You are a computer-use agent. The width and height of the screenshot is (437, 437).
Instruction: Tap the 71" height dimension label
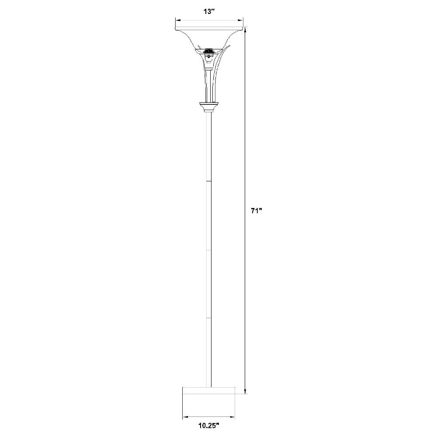(256, 211)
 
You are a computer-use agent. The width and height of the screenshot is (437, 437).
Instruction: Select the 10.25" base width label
(208, 424)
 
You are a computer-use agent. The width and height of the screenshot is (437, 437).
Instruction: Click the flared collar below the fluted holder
(209, 106)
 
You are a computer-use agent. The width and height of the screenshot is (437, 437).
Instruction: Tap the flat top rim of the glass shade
(209, 30)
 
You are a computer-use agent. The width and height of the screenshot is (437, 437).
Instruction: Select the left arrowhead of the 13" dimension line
(177, 20)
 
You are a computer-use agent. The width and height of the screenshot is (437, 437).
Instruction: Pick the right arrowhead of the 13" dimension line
(241, 20)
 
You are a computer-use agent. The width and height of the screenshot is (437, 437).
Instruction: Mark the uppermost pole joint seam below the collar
(209, 181)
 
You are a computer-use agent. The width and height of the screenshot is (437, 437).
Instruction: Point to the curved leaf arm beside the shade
(221, 61)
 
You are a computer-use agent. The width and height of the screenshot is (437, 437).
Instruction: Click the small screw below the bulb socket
(209, 55)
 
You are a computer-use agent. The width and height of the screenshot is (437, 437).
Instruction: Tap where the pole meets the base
(209, 386)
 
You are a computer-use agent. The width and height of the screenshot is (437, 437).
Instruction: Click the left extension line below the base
(182, 406)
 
